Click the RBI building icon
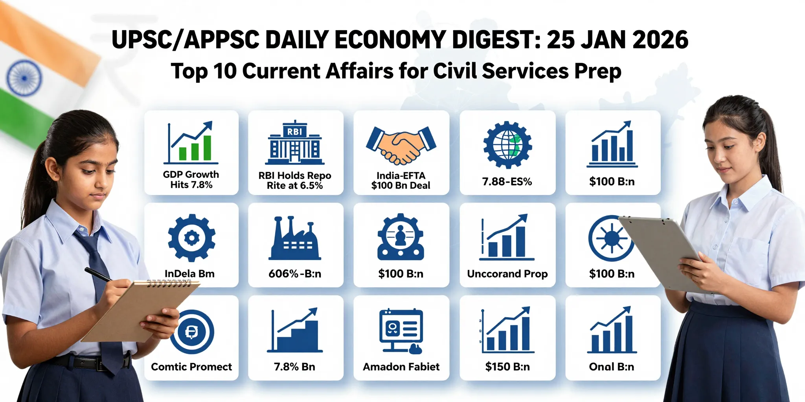tap(295, 143)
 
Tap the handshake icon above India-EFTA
tap(401, 144)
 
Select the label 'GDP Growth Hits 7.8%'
tap(191, 179)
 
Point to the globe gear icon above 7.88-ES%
tap(507, 145)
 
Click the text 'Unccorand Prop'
tap(507, 274)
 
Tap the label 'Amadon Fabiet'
tap(401, 367)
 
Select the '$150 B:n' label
tap(507, 367)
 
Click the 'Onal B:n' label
tap(611, 367)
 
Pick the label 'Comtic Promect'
tap(191, 367)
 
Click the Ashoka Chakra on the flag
tap(24, 78)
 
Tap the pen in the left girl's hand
tap(98, 274)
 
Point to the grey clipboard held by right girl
tap(660, 251)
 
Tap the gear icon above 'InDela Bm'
tap(191, 238)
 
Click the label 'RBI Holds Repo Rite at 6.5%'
tap(295, 181)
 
